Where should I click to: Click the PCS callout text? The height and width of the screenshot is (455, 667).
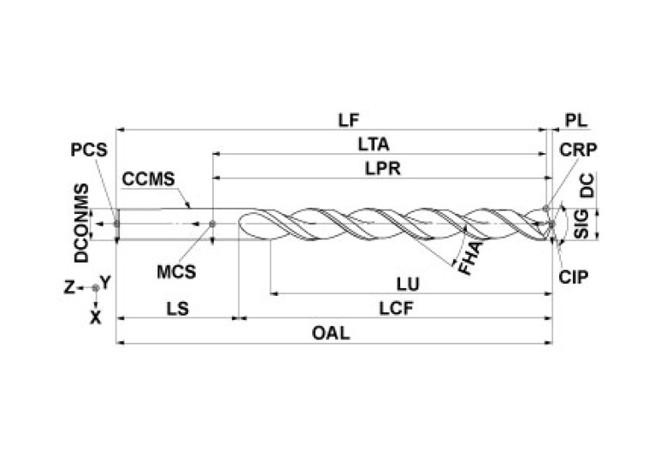coord(89,149)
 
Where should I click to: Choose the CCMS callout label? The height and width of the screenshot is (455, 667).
coord(149,179)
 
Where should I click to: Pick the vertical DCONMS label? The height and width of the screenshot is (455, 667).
coord(81,223)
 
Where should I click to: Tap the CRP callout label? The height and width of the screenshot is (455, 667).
coord(577,149)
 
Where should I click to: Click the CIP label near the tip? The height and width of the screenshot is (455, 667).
coord(575,277)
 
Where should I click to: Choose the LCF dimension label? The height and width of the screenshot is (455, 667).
coord(396,307)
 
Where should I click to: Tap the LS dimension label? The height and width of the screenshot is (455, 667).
coord(177,307)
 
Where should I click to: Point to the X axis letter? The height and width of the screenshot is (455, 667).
coord(96,318)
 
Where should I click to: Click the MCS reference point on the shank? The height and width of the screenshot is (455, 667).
coord(213,224)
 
